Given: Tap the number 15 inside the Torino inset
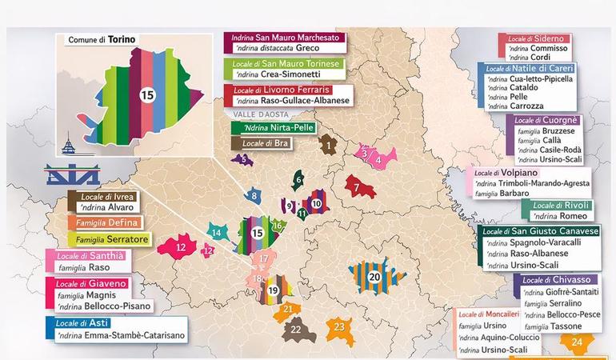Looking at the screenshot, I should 147,94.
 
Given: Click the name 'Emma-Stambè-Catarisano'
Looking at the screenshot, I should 120,336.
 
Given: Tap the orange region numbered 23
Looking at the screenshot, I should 339,326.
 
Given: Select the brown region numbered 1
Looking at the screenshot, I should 328,146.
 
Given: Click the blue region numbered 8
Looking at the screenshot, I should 254,195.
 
